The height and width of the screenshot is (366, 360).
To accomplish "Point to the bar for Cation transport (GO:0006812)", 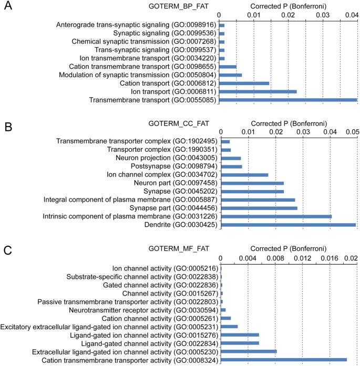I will click(244, 83).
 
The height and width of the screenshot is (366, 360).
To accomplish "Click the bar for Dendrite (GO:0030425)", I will click(289, 225).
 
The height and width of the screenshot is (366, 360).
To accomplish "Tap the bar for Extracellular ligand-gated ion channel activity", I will click(249, 351).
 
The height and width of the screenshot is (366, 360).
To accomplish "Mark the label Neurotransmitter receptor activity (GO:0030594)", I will click(143, 310).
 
